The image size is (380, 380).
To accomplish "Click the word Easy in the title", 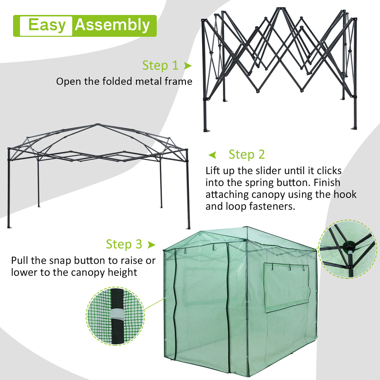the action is [x=47, y=25].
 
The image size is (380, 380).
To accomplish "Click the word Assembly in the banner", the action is [x=112, y=25].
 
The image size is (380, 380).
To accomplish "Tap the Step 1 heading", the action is [x=160, y=65].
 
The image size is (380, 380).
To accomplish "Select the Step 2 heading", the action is [x=247, y=154].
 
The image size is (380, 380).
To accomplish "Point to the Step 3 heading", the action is [x=124, y=244].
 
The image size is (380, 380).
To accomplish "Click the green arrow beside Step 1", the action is [x=188, y=66].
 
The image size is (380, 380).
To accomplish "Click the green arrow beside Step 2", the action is [x=212, y=155].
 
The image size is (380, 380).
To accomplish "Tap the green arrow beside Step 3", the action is [x=152, y=244].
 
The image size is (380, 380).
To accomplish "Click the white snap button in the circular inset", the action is [x=117, y=314].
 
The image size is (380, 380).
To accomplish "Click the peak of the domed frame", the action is [x=97, y=125].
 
